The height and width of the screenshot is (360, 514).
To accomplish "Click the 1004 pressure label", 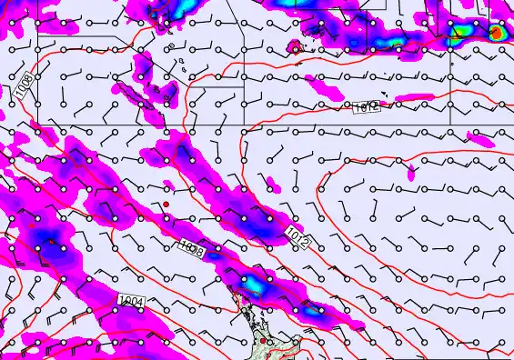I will point(130,300).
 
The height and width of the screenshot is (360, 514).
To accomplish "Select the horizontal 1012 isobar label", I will point(367,107).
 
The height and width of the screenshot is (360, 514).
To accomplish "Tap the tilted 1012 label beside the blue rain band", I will point(297,239).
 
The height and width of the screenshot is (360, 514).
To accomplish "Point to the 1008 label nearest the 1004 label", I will point(191,248).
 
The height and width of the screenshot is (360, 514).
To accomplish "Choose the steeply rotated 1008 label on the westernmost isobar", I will point(24,88).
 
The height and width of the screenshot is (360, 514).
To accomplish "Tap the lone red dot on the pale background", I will point(166,205).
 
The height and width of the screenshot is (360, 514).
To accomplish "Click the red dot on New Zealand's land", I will point(263,341).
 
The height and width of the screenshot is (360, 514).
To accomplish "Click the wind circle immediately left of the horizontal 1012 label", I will point(347,106).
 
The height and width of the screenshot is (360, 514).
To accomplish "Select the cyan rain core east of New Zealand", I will point(314,311).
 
